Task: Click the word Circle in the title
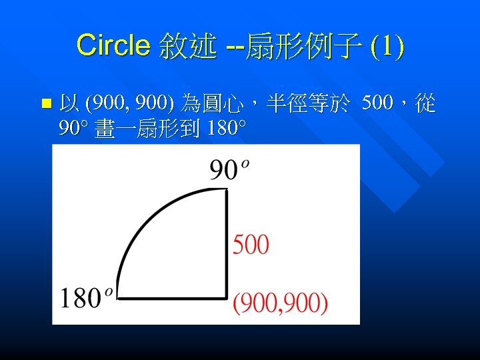coord(114,45)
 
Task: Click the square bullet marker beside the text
coord(45,104)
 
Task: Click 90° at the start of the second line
coord(74,128)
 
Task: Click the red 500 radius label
coord(251,245)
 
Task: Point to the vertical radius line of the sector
coord(227,247)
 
